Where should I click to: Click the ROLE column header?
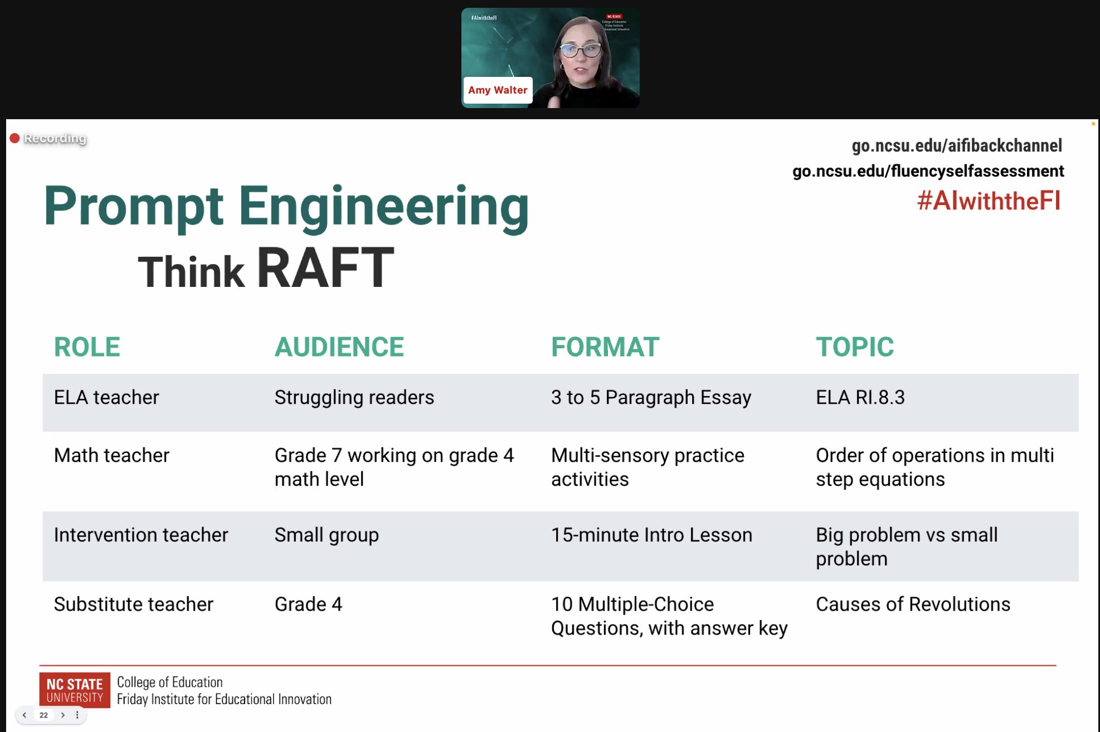pos(87,347)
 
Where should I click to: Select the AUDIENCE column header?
pos(339,347)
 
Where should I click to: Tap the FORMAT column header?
pos(605,347)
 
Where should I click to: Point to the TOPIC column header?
pos(854,347)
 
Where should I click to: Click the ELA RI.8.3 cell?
pos(860,397)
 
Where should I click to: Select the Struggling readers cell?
pos(354,397)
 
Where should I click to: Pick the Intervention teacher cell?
pos(141,535)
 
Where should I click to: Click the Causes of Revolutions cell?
pos(913,604)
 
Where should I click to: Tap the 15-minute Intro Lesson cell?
pos(651,535)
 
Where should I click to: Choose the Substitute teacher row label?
pos(134,604)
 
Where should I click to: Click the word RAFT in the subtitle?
pos(325,269)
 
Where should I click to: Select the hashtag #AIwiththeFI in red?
pos(989,201)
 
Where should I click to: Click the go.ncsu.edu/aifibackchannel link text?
pos(957,146)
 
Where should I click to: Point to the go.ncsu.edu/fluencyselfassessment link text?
pos(928,171)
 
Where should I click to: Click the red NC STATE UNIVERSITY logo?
pos(75,690)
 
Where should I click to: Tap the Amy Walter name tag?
pos(497,90)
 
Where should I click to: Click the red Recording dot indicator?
pos(14,138)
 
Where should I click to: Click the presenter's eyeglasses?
pos(580,51)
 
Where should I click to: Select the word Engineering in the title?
pos(383,206)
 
